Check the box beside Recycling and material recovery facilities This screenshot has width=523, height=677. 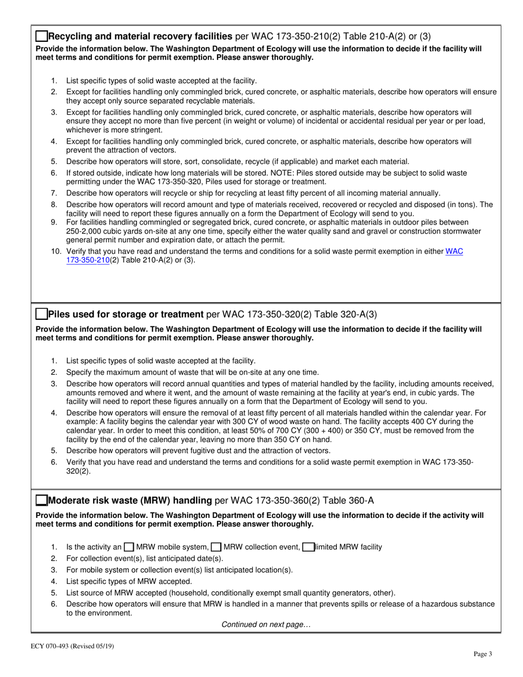click(41, 37)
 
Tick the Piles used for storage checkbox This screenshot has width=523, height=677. click(41, 314)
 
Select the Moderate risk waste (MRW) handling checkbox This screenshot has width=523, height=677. click(41, 500)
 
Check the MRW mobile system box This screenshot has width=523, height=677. click(129, 547)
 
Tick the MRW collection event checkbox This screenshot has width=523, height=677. click(216, 547)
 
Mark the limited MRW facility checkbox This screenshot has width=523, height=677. click(308, 547)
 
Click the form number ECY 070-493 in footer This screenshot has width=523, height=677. click(58, 646)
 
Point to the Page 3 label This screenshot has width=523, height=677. click(483, 654)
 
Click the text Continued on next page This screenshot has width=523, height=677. click(265, 624)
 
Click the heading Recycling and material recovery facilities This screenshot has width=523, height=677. click(140, 37)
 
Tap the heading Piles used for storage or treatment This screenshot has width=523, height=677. click(126, 314)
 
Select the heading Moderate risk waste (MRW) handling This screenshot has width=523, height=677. click(130, 500)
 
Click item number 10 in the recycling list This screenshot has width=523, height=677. click(56, 252)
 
